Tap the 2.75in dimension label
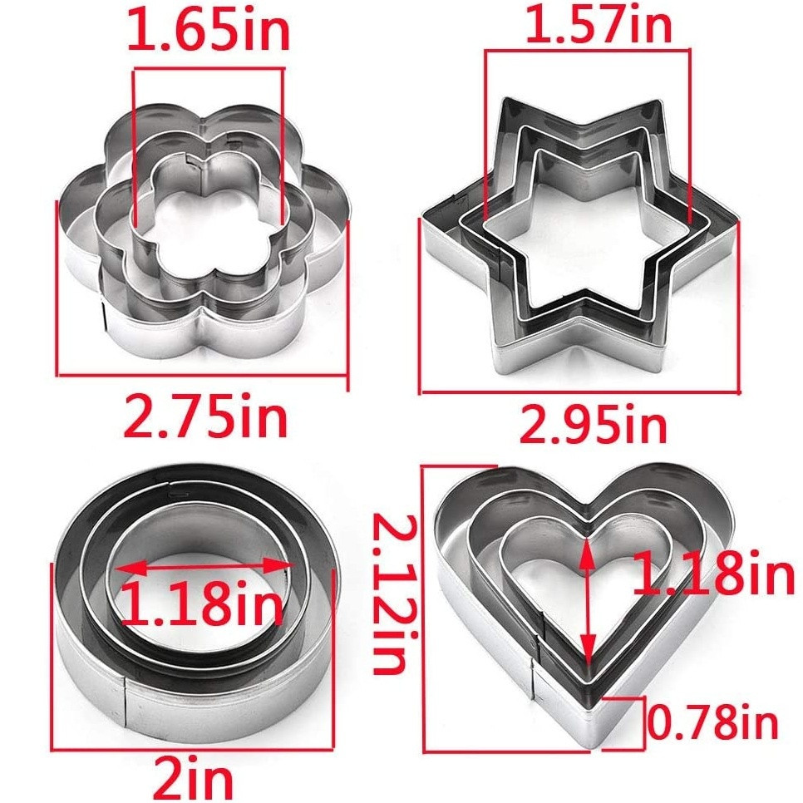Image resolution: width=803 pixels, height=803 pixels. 206,415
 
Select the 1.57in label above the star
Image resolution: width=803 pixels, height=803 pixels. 599,22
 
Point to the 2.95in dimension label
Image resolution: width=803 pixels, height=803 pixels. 593,425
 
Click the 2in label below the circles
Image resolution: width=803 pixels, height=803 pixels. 195,781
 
